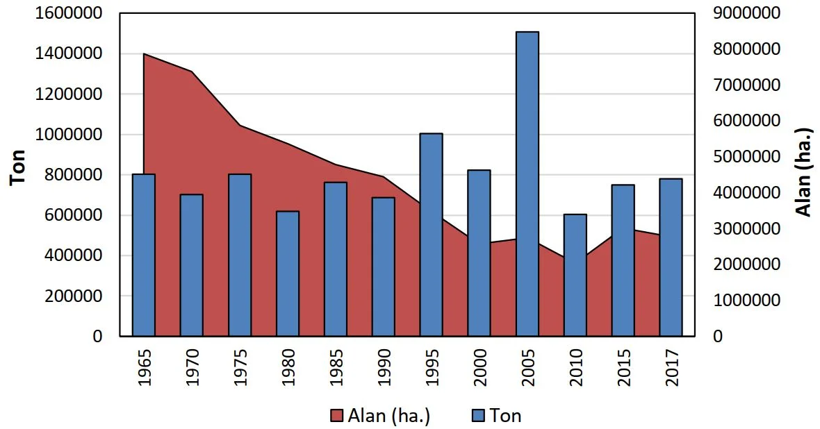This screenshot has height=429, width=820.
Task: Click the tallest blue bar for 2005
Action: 527,184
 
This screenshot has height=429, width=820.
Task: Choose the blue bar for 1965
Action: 143,255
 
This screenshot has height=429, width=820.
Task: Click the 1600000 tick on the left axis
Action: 68,13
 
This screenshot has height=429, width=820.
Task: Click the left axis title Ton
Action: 19,167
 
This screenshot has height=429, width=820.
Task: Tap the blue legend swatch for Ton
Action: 478,416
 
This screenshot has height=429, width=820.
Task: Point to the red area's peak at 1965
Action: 144,54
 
